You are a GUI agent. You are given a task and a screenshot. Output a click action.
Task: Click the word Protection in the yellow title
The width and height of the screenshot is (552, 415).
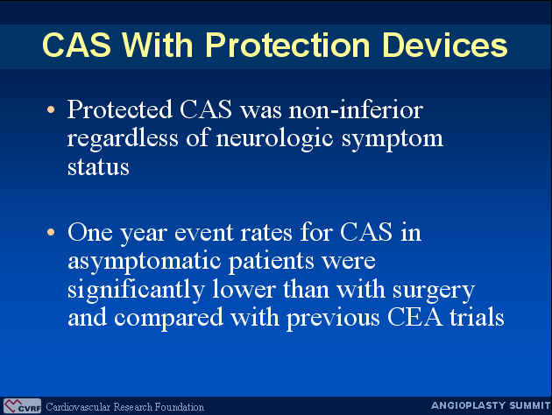pos(287,45)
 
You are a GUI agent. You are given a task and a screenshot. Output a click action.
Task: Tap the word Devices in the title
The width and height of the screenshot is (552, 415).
pos(445,45)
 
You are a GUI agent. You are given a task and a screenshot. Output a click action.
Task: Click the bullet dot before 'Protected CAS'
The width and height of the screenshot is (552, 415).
pos(51,109)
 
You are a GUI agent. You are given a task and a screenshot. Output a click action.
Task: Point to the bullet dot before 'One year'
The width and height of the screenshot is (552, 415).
pos(51,232)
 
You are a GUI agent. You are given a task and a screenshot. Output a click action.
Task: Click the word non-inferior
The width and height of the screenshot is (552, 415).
pos(356,109)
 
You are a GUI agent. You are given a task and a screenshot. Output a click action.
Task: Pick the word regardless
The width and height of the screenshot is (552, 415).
pos(123,139)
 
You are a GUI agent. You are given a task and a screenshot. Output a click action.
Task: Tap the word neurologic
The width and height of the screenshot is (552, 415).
pos(274,139)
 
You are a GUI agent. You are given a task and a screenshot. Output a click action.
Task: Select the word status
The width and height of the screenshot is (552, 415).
pos(98,166)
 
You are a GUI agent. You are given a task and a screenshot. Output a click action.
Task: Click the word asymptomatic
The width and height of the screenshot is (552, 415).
pos(145,262)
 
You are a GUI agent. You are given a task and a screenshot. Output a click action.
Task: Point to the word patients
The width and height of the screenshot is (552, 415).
pos(272,262)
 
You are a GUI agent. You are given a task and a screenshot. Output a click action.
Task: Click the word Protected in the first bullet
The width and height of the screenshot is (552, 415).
pos(120,109)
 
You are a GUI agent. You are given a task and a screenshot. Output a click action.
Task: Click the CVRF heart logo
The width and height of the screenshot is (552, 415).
pos(22,406)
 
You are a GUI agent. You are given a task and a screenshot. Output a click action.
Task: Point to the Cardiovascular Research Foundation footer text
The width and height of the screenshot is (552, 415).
pos(125,407)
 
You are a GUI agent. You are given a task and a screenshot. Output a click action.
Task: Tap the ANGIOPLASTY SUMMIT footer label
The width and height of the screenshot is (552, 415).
pos(491,406)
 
